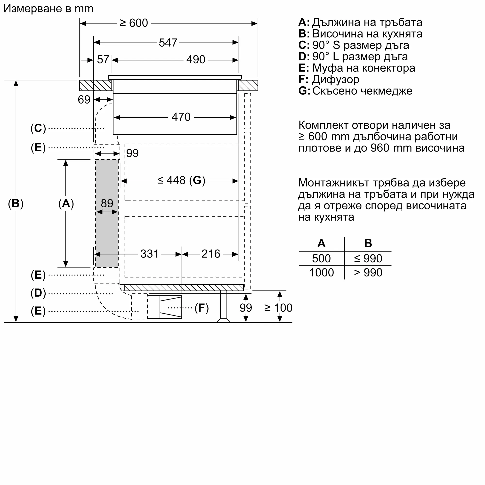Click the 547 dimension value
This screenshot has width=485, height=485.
point(168,43)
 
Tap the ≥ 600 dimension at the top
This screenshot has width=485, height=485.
point(134,23)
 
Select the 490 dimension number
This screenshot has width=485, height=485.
point(196,59)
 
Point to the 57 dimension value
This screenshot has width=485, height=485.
point(103,59)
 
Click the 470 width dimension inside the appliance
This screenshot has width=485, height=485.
point(181,117)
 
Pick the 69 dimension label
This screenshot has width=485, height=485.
point(84,100)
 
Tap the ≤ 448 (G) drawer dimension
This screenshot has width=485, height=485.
point(181,180)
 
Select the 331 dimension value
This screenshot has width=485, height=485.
point(150,254)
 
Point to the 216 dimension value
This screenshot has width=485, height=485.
point(211,254)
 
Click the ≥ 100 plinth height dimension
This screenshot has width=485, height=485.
point(278,308)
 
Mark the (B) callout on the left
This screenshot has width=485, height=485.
point(16,203)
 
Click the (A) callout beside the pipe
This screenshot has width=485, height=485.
point(66,203)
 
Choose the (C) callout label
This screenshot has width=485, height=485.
point(38,128)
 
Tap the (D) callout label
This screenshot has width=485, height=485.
point(38,293)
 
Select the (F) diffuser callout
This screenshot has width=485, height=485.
point(202,308)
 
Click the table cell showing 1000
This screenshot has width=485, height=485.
point(322,273)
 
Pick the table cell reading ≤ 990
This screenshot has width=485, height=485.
point(368,259)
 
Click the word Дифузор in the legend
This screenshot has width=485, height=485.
point(336,80)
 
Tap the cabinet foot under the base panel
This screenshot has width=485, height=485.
point(224,306)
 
